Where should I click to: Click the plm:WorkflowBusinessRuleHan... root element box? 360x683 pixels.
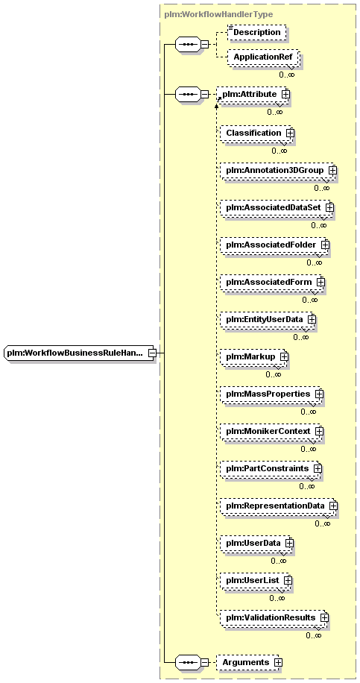click(x=80, y=353)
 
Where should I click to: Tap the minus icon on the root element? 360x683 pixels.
click(x=152, y=353)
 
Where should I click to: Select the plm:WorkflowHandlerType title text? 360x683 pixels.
click(x=218, y=14)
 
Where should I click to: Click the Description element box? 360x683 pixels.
click(x=257, y=32)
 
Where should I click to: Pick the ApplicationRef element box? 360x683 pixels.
click(x=263, y=57)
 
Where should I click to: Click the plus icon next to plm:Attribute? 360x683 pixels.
click(x=285, y=94)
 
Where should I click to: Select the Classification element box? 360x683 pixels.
click(x=256, y=133)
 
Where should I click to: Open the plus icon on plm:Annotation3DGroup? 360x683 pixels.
click(x=332, y=170)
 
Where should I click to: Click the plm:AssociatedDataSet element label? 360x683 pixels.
click(x=274, y=208)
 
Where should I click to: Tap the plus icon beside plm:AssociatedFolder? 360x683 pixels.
click(x=325, y=245)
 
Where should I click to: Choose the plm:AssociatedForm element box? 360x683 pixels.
click(x=272, y=283)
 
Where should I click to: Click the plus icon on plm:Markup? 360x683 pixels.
click(x=284, y=356)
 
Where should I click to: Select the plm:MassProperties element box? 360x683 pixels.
click(x=271, y=394)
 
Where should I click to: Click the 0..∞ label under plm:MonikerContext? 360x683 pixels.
click(x=308, y=449)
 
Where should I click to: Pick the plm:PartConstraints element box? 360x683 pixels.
click(x=271, y=468)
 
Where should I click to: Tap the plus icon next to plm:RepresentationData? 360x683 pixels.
click(x=333, y=506)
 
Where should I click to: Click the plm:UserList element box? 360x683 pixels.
click(x=256, y=580)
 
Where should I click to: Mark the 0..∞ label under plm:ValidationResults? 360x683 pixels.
click(x=314, y=635)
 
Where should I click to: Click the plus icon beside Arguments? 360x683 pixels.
click(x=278, y=662)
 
